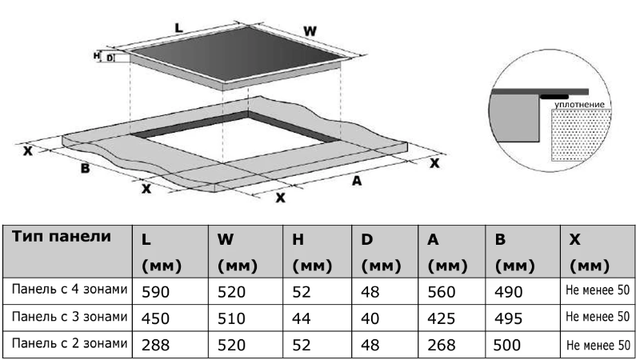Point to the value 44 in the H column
click(302, 318)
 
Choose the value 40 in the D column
click(370, 318)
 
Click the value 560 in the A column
click(442, 292)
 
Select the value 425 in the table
click(442, 318)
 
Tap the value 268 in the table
click(442, 345)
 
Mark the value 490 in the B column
click(510, 292)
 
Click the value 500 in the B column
click(510, 345)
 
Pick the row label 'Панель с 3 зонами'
click(70, 317)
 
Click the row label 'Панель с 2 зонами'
click(70, 343)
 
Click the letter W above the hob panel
click(310, 31)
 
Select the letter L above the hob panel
click(179, 27)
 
